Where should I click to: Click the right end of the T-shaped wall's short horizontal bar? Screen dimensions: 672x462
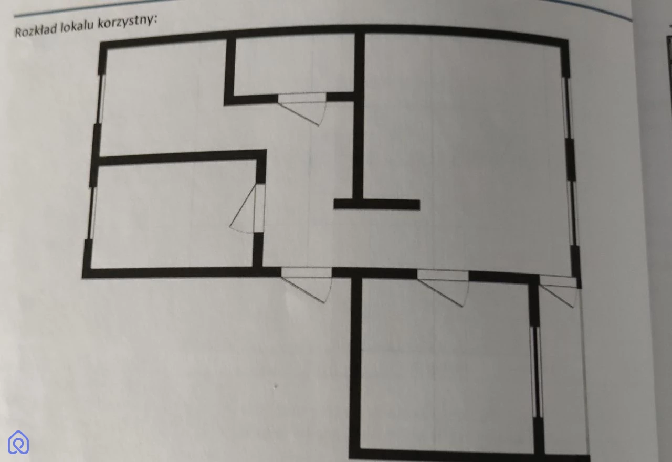point(419,205)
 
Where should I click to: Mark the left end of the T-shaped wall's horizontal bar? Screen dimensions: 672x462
point(334,204)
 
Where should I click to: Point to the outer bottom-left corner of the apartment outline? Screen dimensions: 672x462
point(83,278)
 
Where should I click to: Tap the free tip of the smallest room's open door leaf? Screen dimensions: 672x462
point(319,125)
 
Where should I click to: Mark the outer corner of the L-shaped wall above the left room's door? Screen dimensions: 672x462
point(266,150)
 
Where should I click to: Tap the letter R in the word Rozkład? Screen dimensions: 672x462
point(17,33)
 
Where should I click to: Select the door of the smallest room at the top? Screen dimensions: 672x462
point(302,108)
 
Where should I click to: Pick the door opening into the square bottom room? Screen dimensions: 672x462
point(443,287)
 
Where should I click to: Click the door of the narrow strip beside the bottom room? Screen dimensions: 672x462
point(558,292)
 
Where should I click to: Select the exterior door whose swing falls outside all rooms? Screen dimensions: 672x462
point(306,285)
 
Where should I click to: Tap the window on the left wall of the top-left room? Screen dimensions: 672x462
point(101,99)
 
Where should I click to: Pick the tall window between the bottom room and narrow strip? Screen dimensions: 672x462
point(537,372)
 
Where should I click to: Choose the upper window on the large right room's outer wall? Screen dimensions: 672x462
point(568,108)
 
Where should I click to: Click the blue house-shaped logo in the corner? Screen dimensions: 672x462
point(18,443)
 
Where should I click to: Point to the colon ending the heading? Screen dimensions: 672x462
point(156,20)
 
